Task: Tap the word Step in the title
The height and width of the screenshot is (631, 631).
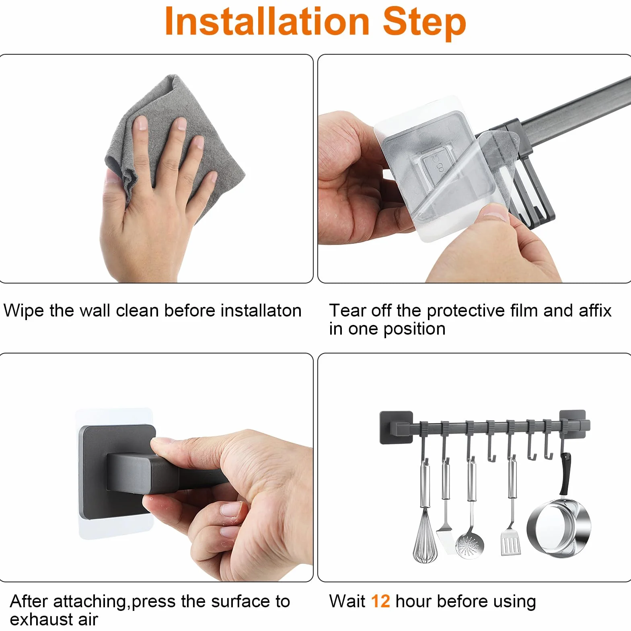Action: (x=424, y=23)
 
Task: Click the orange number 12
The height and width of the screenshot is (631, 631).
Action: (x=380, y=601)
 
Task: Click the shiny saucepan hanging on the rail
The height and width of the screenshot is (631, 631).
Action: (x=559, y=527)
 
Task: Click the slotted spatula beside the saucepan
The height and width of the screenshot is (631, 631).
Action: (x=510, y=543)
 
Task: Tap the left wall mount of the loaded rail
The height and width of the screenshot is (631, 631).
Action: (x=396, y=428)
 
